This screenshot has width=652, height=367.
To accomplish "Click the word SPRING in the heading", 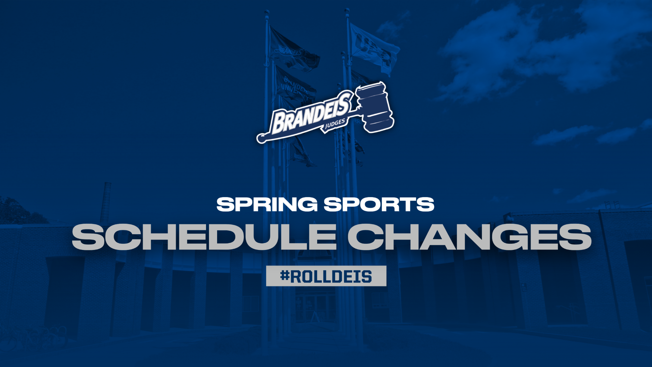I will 267,205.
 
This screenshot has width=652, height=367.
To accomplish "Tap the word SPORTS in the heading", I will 379,205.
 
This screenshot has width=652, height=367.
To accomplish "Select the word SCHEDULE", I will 203,237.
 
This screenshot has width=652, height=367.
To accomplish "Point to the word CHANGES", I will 469,237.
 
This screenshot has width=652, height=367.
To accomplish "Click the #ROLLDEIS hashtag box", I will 326,276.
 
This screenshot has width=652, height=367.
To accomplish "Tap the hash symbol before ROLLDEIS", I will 285,276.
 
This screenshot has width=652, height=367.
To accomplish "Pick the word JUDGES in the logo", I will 335,124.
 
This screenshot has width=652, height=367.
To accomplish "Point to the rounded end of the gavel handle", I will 261,138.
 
